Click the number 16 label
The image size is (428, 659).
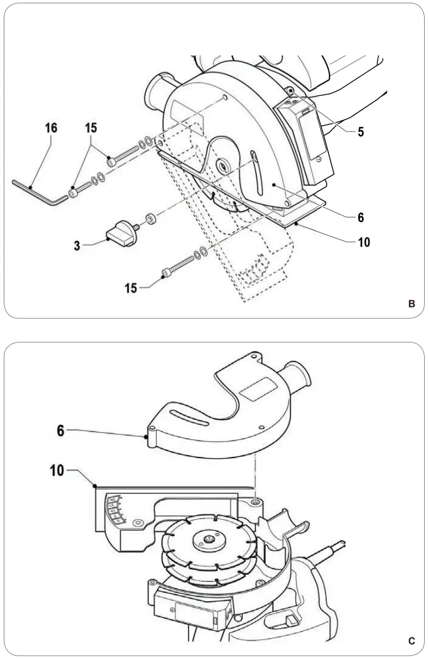click(x=51, y=128)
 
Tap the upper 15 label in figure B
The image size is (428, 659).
click(x=91, y=128)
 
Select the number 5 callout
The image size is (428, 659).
click(x=360, y=132)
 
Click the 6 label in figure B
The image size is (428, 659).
click(x=360, y=217)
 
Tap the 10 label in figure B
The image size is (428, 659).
click(x=364, y=242)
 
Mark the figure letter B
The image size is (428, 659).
click(x=411, y=303)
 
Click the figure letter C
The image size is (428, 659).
click(x=411, y=641)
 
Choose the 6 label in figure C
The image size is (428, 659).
click(x=61, y=431)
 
